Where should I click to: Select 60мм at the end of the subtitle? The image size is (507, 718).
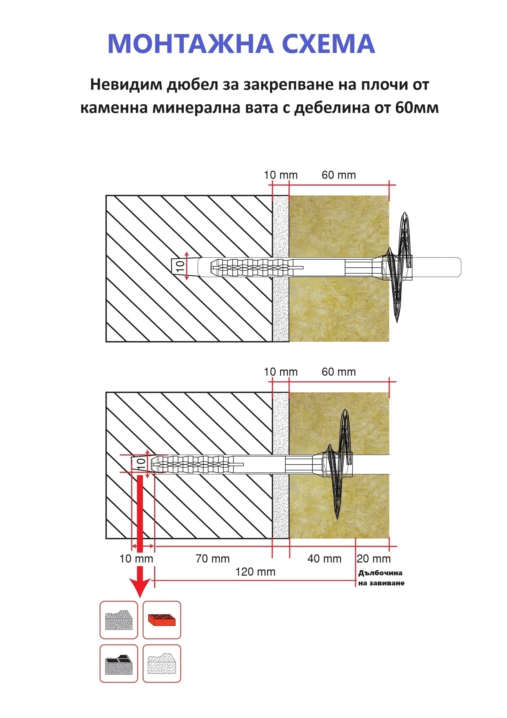417,108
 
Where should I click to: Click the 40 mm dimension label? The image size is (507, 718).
324,558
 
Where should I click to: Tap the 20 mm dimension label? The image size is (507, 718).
374,558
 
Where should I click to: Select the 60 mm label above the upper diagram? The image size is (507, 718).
339,175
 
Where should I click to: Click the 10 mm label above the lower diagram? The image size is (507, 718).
281,372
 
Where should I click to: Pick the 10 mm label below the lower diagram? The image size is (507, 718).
136,558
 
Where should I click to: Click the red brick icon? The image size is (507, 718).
162,619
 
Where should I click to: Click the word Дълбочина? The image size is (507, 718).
380,573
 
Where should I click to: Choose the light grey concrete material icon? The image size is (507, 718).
119,619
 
